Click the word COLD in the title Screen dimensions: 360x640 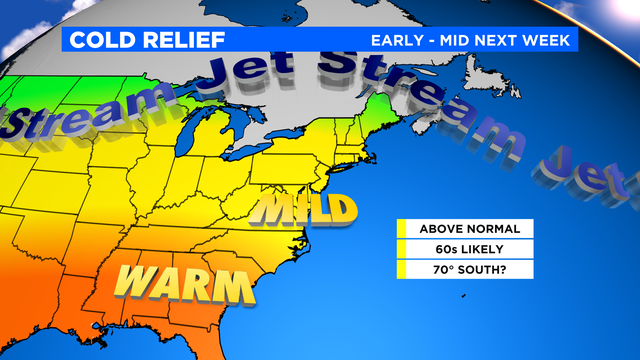100,40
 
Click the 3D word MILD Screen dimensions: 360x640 305,210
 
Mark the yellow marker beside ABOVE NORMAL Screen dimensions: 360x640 400,229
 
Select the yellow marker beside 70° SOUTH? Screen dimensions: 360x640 400,269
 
